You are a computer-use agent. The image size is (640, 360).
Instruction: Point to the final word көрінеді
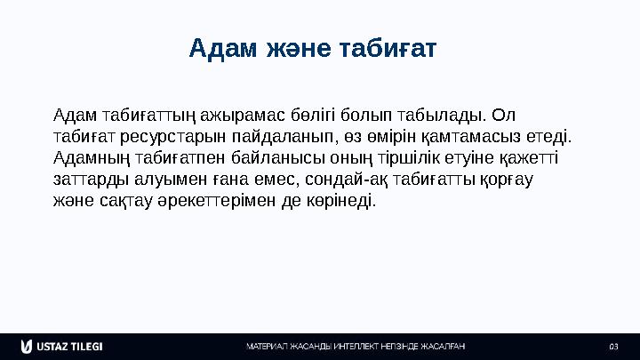point(341,201)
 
